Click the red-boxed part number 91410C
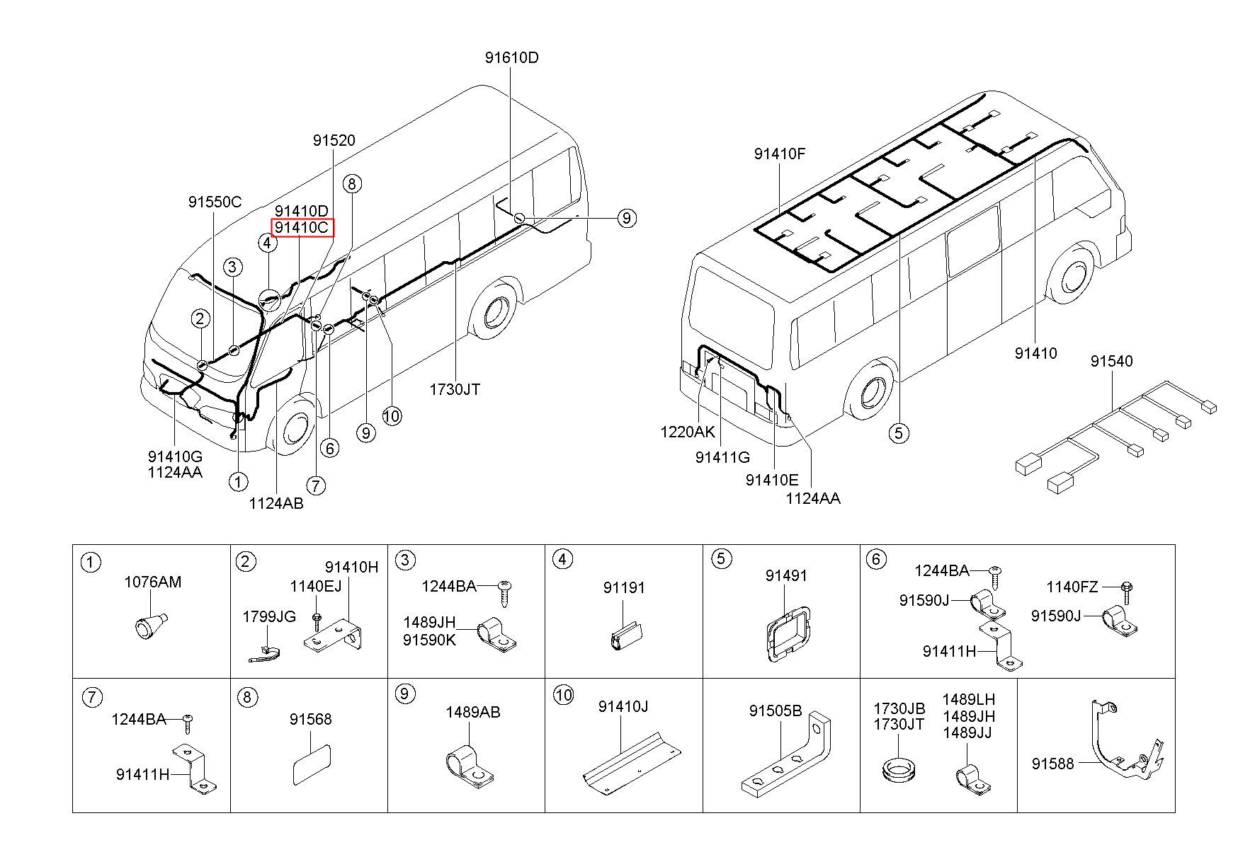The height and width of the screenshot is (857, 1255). click(302, 227)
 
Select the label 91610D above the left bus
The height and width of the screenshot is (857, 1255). click(511, 57)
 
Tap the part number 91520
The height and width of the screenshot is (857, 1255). click(334, 140)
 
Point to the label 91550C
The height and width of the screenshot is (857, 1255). click(215, 202)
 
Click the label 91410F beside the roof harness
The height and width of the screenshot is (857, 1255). click(779, 154)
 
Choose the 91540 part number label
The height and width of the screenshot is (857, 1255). click(1111, 361)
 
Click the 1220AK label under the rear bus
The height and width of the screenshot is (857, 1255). click(688, 432)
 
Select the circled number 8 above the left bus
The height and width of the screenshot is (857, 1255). click(352, 184)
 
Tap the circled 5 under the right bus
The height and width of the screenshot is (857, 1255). click(899, 432)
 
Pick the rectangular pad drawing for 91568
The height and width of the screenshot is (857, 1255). click(312, 764)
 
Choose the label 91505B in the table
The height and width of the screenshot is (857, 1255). click(775, 710)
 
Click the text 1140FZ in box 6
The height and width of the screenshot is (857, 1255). click(1072, 587)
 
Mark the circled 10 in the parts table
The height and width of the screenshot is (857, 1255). click(563, 695)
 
